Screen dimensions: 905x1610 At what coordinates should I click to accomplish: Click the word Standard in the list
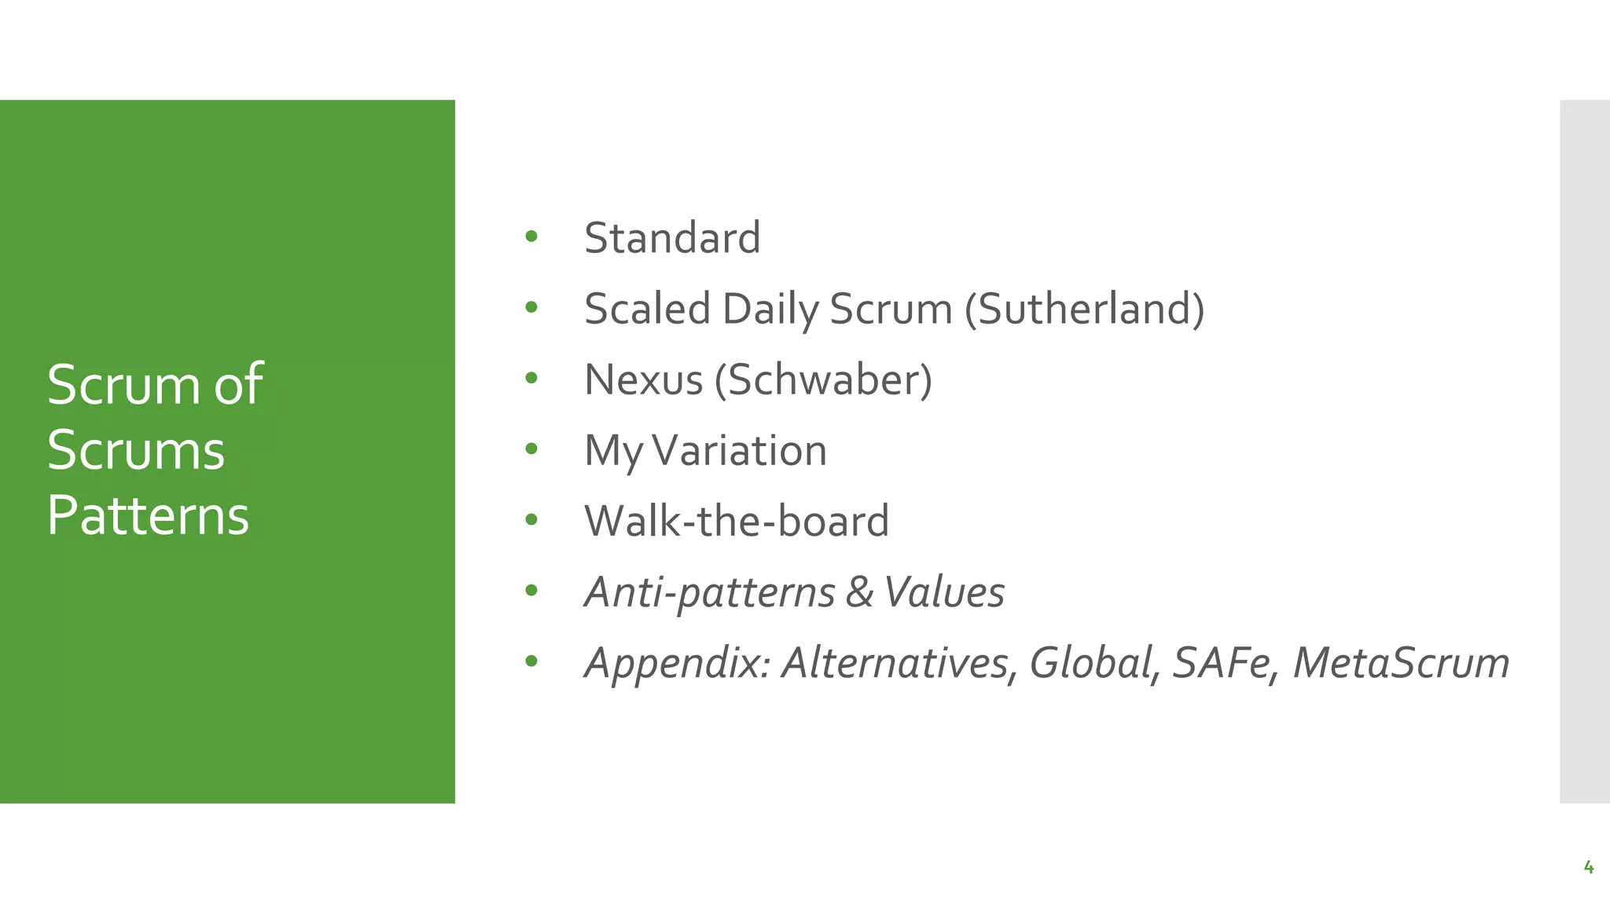pyautogui.click(x=672, y=237)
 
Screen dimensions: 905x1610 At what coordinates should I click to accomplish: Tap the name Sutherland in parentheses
pyautogui.click(x=1085, y=308)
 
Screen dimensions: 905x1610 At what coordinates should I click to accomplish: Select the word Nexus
pyautogui.click(x=643, y=379)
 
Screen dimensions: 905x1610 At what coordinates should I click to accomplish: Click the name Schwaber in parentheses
pyautogui.click(x=823, y=379)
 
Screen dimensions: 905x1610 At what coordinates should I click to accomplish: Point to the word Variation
pyautogui.click(x=739, y=450)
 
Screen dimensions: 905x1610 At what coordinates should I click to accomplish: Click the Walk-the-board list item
pyautogui.click(x=737, y=521)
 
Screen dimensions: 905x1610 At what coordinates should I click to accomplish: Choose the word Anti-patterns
pyautogui.click(x=709, y=592)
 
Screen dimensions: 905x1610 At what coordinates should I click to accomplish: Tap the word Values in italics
pyautogui.click(x=944, y=592)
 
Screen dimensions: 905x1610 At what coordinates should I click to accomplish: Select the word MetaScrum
pyautogui.click(x=1401, y=662)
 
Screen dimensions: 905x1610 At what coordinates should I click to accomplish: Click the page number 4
pyautogui.click(x=1589, y=867)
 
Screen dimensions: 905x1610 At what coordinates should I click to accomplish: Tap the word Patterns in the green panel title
pyautogui.click(x=148, y=515)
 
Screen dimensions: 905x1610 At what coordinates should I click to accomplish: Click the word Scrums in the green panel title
pyautogui.click(x=136, y=450)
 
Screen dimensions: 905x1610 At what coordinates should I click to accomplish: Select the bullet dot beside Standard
pyautogui.click(x=531, y=236)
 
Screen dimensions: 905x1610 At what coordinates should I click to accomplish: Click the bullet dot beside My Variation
pyautogui.click(x=531, y=449)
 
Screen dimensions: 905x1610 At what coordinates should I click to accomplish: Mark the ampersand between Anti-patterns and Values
pyautogui.click(x=859, y=592)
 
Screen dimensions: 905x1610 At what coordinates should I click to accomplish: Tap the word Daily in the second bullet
pyautogui.click(x=770, y=308)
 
